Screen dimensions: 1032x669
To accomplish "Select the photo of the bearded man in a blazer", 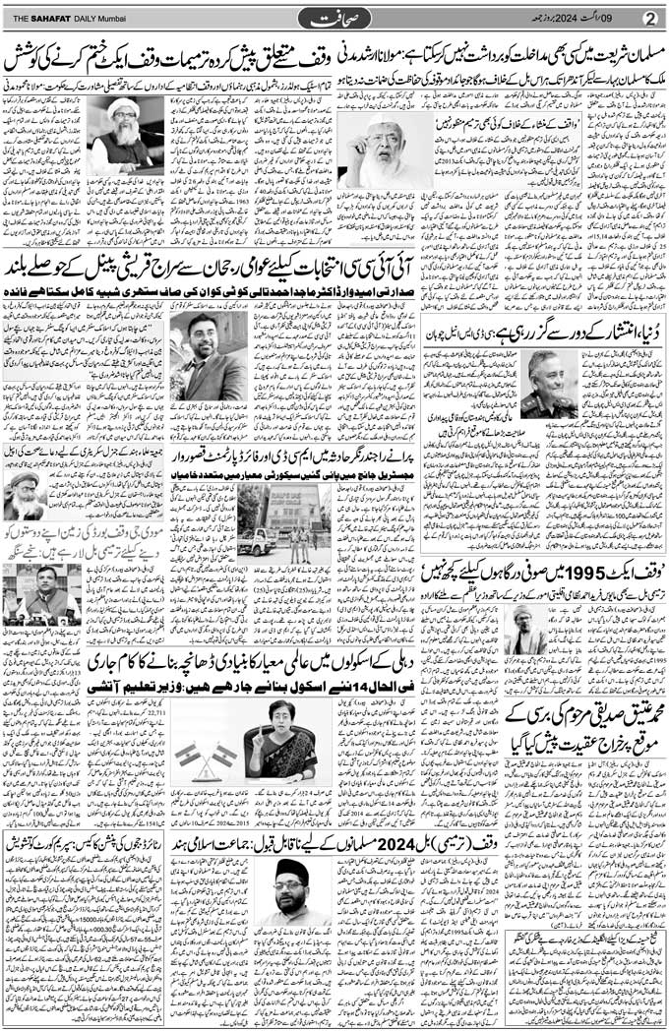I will tap(209, 355).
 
